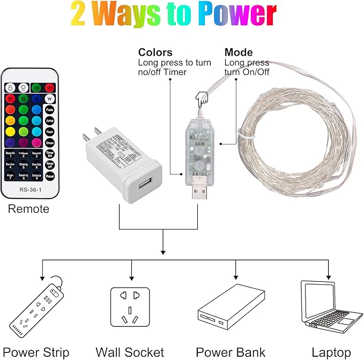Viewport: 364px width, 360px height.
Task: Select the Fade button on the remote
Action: (x=49, y=110)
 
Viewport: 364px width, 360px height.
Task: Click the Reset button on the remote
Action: (x=49, y=175)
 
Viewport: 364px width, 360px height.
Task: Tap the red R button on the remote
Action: (x=10, y=99)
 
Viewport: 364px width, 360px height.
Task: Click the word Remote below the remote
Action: (x=28, y=209)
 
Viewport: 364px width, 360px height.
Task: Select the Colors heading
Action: (x=155, y=52)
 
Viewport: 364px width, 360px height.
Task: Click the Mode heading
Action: (x=238, y=52)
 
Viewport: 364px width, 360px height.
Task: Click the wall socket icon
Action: (x=130, y=307)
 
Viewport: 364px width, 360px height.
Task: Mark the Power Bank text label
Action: (x=231, y=352)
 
